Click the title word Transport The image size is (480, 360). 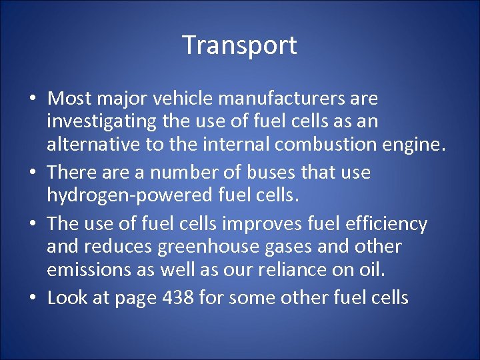[239, 45]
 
